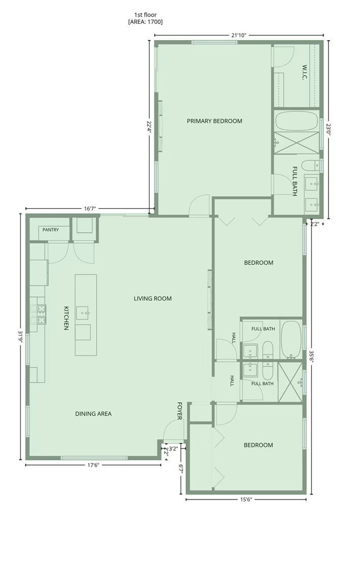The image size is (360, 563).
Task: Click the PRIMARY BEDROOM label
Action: click(x=215, y=121)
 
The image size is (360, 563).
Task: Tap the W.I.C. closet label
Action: click(x=305, y=72)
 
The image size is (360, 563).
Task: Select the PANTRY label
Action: click(x=51, y=230)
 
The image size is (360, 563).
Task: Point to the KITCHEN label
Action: click(x=66, y=318)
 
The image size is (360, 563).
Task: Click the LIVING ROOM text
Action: click(x=153, y=298)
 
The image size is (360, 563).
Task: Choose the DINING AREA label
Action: click(x=94, y=414)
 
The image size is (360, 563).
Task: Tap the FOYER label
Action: click(x=179, y=411)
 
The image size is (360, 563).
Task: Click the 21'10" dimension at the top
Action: click(x=238, y=35)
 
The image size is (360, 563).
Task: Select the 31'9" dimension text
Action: click(x=20, y=337)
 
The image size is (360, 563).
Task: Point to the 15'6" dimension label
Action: click(x=246, y=499)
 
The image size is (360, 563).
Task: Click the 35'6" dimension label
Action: click(x=311, y=357)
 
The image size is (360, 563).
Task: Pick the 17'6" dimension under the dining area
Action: click(x=93, y=465)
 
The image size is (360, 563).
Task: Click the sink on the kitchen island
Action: click(x=85, y=312)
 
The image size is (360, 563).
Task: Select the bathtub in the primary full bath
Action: click(x=297, y=121)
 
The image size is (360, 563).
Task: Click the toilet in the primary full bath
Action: click(x=309, y=166)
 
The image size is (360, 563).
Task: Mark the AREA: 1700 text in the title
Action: click(x=145, y=22)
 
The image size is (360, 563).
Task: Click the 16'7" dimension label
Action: click(x=90, y=209)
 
